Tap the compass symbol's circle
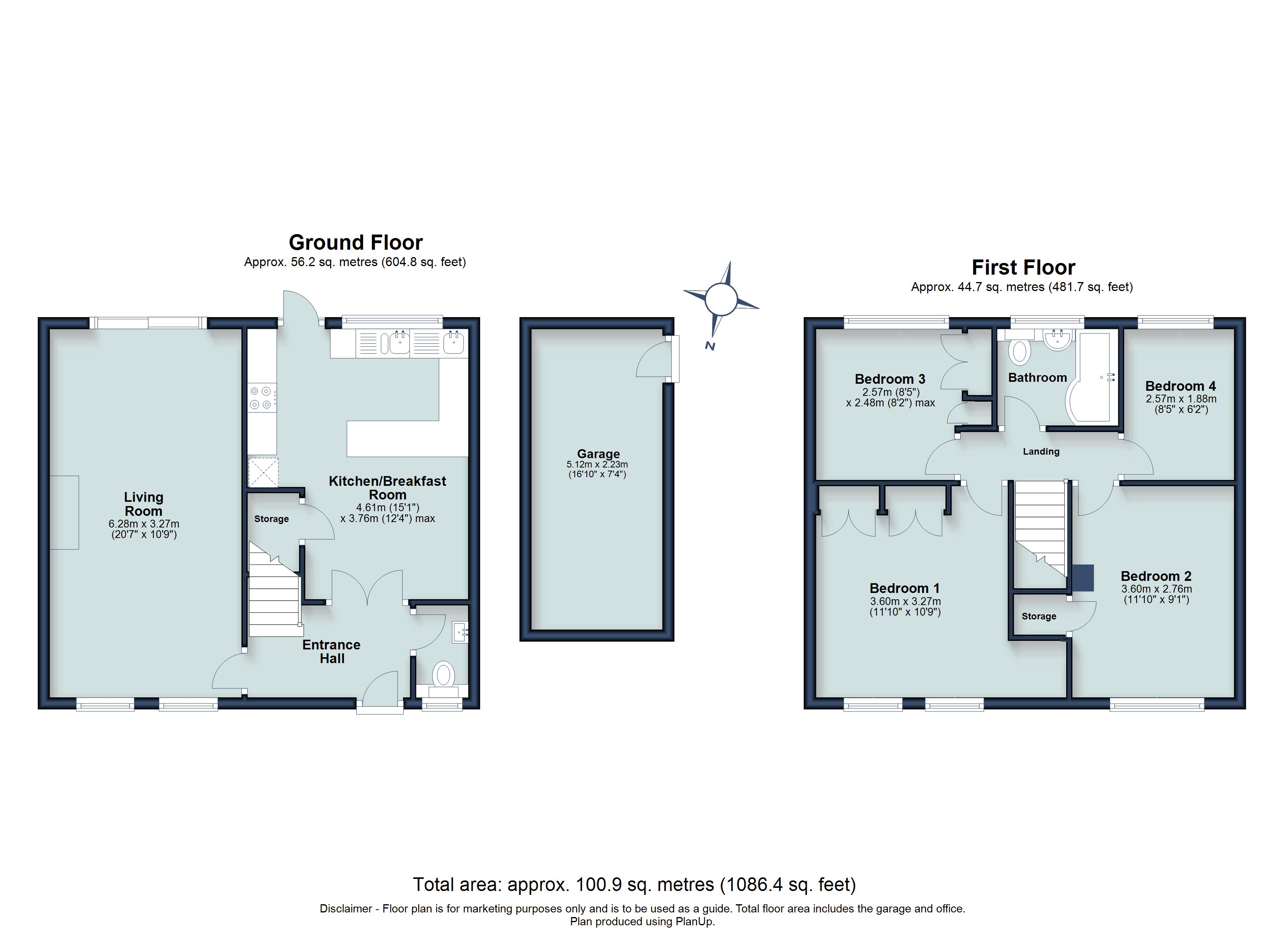721,298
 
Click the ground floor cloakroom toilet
444,675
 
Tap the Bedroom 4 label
1180,386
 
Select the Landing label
1041,452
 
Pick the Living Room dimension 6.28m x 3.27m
144,524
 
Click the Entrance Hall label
331,651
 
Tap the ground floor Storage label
271,519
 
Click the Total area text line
634,884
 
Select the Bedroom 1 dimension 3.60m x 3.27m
905,602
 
